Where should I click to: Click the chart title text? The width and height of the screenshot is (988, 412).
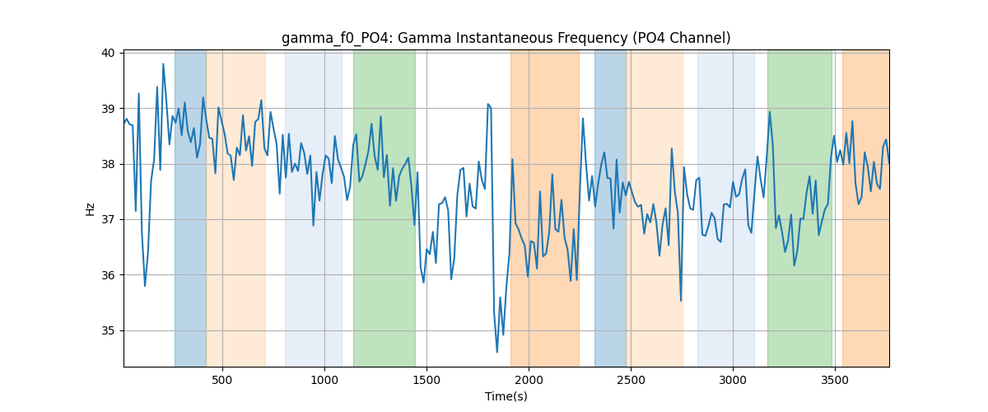[x=506, y=39]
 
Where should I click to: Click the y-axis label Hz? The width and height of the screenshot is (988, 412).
[x=90, y=209]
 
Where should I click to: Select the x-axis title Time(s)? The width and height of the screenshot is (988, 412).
[x=506, y=396]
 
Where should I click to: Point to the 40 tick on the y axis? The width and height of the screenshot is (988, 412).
[x=108, y=53]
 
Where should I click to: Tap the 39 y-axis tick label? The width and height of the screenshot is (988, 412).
[x=108, y=109]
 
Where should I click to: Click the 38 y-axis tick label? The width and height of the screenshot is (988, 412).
[x=108, y=164]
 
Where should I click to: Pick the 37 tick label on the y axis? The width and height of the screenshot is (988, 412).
[x=108, y=220]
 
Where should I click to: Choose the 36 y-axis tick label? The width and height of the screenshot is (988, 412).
[x=108, y=275]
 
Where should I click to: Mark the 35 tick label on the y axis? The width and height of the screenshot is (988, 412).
[x=108, y=330]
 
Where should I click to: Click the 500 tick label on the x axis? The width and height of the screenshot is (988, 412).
[x=221, y=380]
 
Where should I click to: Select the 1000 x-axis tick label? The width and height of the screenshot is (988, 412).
[x=324, y=380]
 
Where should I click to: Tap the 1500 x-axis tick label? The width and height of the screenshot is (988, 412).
[x=426, y=380]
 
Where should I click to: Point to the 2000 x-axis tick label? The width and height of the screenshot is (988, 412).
[x=529, y=380]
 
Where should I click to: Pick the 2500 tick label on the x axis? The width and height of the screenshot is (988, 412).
[x=631, y=380]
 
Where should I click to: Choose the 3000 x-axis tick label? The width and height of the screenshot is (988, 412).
[x=733, y=380]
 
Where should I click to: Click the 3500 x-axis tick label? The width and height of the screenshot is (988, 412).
[x=835, y=380]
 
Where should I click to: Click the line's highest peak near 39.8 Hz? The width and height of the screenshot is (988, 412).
[x=163, y=64]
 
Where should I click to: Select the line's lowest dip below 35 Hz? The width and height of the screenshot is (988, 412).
[x=497, y=352]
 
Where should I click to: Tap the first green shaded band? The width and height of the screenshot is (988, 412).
[x=384, y=208]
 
